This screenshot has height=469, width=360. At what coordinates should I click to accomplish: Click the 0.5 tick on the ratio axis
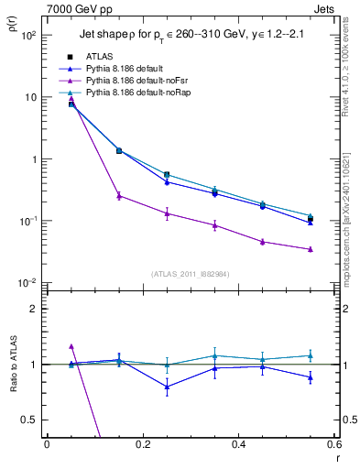(x=32, y=420)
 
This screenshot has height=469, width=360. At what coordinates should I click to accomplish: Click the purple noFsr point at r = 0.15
(x=119, y=195)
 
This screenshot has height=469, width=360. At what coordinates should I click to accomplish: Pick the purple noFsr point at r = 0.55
(x=311, y=249)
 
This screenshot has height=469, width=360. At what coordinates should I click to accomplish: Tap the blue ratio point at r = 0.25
(x=167, y=387)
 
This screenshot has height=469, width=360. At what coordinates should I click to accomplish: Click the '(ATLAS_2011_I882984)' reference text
(x=190, y=273)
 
